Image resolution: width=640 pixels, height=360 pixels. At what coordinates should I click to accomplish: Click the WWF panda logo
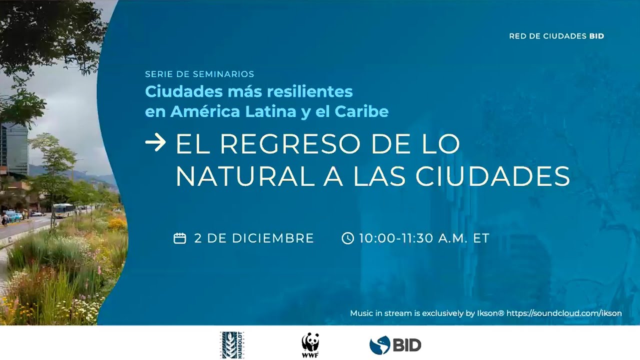coord(310,345)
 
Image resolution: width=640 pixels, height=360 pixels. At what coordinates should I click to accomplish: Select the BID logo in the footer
coord(395,344)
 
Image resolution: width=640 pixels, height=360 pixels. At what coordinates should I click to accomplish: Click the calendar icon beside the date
coord(179,238)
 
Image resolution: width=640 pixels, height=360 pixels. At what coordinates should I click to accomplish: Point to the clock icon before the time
coord(347,238)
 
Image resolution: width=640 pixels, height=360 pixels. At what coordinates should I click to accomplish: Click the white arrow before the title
coord(155,144)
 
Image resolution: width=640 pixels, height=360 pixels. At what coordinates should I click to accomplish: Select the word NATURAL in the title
coord(245,176)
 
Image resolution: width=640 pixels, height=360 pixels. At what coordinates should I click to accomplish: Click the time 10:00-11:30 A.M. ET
coord(423,238)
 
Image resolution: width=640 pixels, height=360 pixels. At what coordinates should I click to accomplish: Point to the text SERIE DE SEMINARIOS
coord(199,74)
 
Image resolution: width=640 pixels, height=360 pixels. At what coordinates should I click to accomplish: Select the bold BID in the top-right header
coord(596,36)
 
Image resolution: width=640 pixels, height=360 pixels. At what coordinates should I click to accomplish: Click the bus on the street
coord(63,210)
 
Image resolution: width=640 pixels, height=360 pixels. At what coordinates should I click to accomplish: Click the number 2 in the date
coord(197,238)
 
